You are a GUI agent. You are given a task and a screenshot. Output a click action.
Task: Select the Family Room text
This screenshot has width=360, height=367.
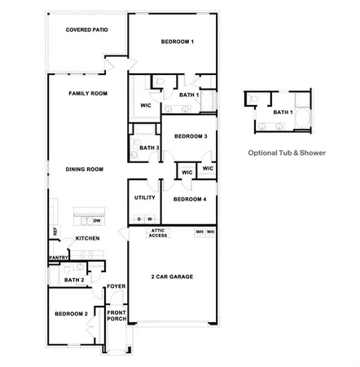pos(88,94)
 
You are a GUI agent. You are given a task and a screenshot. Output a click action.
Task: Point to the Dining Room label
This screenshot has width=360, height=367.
pos(85,169)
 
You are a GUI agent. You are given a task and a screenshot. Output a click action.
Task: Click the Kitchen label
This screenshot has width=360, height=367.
pos(87,238)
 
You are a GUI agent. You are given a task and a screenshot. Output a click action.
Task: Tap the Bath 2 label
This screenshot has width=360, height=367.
pos(74,280)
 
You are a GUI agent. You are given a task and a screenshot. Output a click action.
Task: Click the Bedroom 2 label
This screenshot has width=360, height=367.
pos(71,314)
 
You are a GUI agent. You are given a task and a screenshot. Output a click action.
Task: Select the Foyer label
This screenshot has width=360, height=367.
pos(116,286)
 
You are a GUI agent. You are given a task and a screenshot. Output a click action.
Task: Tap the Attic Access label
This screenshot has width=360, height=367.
pos(158,233)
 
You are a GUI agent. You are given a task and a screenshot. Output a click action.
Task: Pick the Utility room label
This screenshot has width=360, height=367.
pos(145,197)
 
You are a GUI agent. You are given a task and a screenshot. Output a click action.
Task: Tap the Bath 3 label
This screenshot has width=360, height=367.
pos(148,148)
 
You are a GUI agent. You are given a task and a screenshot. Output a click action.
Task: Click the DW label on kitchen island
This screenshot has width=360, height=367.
pos(97,220)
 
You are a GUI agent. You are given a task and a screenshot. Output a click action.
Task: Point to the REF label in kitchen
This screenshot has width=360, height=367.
pos(55,232)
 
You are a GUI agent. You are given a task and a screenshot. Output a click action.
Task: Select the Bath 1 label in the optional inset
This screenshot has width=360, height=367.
pos(283,112)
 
